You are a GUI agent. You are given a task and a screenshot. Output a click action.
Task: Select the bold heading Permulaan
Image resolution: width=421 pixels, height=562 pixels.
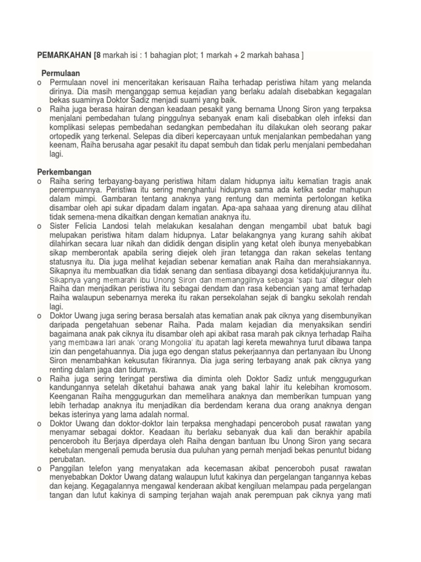[61, 73]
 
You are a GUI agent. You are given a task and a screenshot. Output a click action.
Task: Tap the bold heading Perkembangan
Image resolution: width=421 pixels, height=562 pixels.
[64, 172]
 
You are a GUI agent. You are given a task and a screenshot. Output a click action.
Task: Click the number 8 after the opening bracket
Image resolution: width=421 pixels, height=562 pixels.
[100, 55]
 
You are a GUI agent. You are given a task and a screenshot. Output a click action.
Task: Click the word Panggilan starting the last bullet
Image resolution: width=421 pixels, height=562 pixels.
[69, 468]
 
